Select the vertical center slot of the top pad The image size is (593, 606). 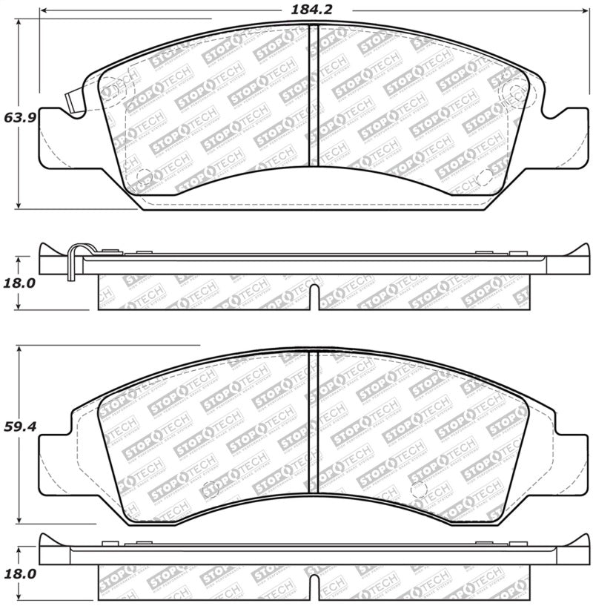[x=313, y=96]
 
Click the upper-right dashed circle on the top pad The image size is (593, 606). [x=513, y=91]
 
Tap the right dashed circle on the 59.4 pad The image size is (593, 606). [x=419, y=489]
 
